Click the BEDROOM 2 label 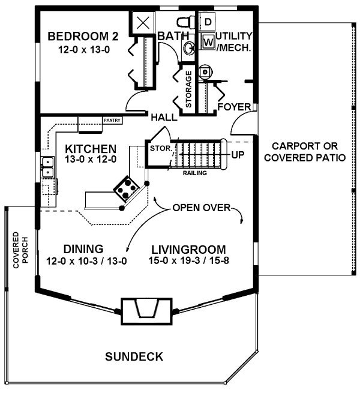(83, 37)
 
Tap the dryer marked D (208, 22)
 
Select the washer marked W (208, 41)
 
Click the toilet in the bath (185, 22)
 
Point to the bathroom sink (189, 47)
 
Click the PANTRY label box (112, 121)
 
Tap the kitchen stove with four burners (126, 188)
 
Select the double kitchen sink (48, 167)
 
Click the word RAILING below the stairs (195, 173)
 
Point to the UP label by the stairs (238, 155)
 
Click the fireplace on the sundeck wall (146, 311)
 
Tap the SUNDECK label (134, 356)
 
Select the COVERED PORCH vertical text (20, 250)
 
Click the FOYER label (234, 107)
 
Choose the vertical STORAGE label (188, 89)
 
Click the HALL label (164, 117)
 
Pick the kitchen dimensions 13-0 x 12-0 (91, 159)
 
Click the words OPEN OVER (202, 208)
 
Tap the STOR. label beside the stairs (161, 148)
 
